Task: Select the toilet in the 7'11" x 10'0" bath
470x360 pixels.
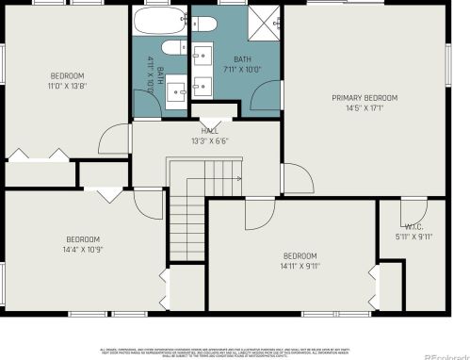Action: pos(206,21)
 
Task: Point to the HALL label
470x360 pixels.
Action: pos(210,132)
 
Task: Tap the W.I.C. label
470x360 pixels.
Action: pos(414,227)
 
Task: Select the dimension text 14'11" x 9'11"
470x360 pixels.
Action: pos(300,267)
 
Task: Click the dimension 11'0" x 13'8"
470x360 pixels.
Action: pos(67,86)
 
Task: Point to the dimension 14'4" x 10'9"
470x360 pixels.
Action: pos(83,250)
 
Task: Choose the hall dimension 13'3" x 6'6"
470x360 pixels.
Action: pos(210,141)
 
